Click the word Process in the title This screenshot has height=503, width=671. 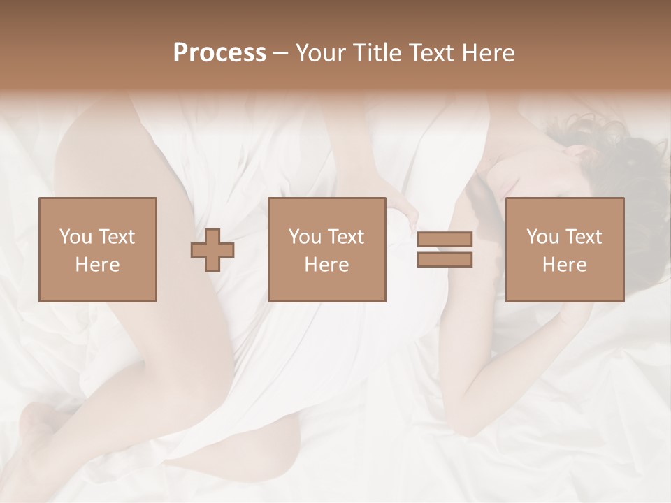coord(219,53)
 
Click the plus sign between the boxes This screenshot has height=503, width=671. coord(212,250)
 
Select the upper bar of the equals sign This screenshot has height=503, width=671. coord(445,238)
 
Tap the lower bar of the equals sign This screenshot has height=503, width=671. coord(445,260)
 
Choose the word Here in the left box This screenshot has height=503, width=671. coord(97,265)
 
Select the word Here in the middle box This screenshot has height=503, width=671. coord(326,265)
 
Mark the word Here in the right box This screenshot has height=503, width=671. coord(564,265)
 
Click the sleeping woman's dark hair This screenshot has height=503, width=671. coord(629,161)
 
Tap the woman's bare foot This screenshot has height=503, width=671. coord(35,433)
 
